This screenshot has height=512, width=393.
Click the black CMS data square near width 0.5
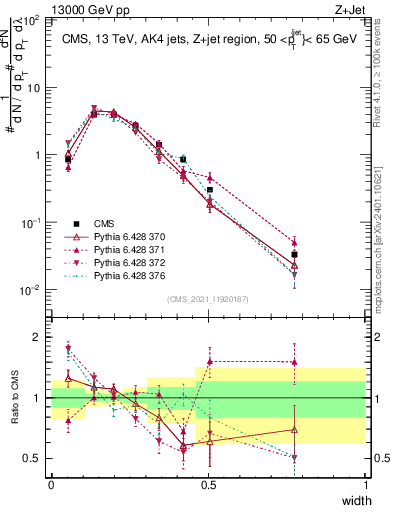pos(209,189)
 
